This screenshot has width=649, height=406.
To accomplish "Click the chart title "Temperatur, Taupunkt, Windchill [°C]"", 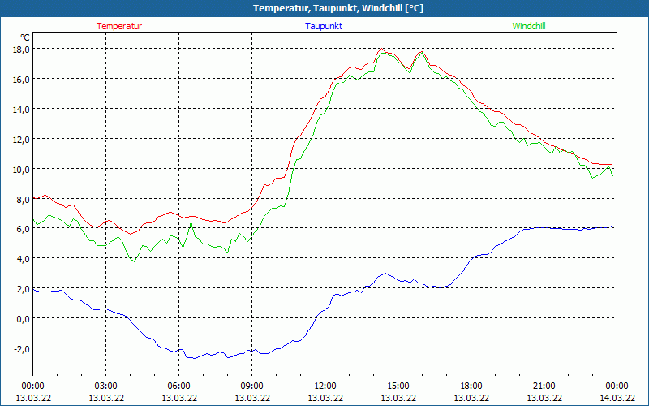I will [x=324, y=8].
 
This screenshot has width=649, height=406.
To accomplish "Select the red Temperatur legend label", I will [x=119, y=26].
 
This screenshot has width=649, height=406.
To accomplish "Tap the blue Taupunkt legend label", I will [x=324, y=26].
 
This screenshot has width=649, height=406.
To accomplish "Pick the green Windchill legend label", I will [x=529, y=26].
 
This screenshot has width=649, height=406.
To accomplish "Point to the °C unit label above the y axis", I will [x=25, y=37].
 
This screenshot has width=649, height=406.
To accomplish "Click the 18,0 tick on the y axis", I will [x=21, y=49].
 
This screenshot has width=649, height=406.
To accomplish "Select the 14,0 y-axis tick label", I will [x=21, y=109].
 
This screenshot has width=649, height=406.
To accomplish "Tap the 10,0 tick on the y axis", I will [x=21, y=169].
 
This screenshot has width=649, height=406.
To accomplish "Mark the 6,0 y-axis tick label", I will [x=21, y=229].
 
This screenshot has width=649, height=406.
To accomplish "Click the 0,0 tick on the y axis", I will [x=21, y=319].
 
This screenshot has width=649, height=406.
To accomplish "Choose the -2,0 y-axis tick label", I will [x=19, y=349].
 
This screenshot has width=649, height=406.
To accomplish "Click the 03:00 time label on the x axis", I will [x=106, y=386].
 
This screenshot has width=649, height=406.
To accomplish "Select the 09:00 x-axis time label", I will [x=252, y=386].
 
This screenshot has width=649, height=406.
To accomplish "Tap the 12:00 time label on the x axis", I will [x=325, y=386].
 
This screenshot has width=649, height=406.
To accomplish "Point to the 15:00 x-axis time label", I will [x=398, y=386].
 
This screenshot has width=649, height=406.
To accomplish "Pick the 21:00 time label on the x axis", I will [x=544, y=386].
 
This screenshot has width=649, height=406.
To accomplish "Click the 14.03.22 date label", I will [x=617, y=398].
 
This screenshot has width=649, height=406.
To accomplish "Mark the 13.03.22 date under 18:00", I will [x=471, y=398].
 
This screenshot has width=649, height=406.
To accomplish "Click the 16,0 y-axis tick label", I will [x=21, y=79].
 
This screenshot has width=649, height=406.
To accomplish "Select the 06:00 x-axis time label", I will [x=179, y=386].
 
